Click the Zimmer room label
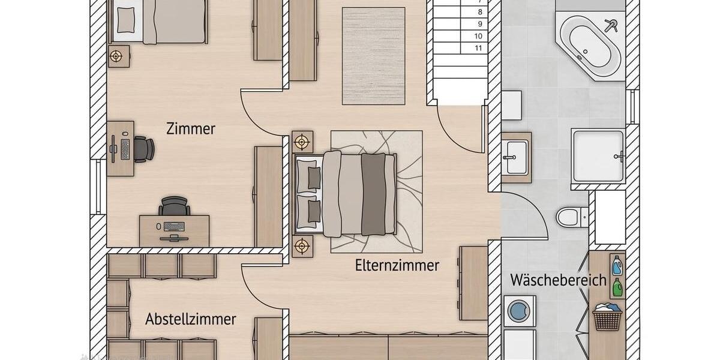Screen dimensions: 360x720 191,128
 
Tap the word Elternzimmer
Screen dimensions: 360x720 397,265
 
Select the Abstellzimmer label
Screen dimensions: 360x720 190,319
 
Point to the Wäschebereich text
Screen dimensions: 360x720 558,280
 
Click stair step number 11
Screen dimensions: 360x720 479,48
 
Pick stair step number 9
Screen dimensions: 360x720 479,24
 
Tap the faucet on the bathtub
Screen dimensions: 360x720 611,25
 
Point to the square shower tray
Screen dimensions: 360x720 598,155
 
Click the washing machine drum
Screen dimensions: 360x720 519,311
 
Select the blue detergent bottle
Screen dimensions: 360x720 616,265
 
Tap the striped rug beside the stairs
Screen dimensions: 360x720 373,55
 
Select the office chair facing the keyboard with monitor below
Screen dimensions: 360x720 175,206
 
